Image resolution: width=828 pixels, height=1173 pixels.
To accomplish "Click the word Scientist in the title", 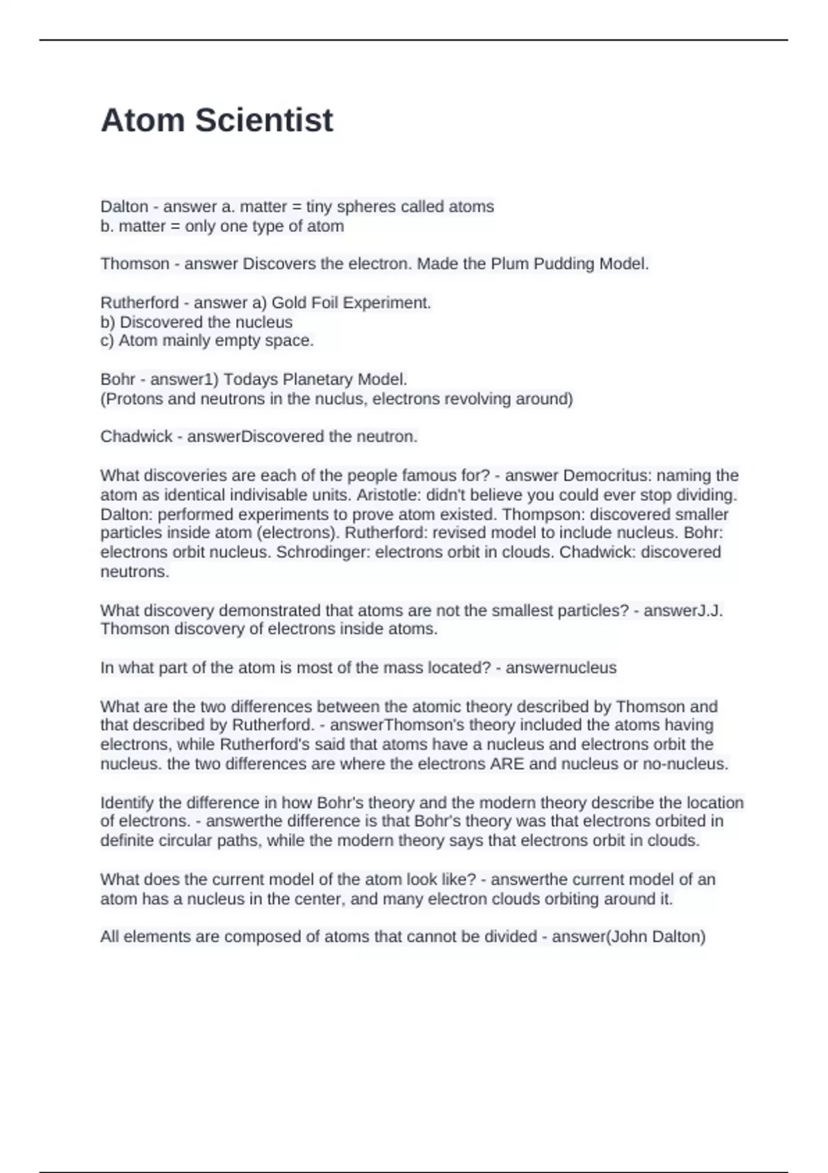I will (264, 120).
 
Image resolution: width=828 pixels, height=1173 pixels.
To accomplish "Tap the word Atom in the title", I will (143, 120).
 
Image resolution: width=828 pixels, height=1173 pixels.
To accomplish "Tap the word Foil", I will (324, 302).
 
